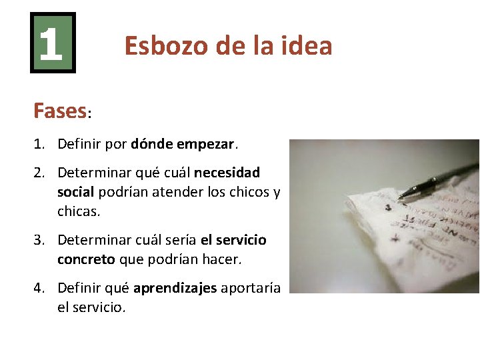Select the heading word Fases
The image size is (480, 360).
coord(59,111)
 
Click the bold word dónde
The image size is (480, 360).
coord(151,143)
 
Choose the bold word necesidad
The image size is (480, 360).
coord(227,173)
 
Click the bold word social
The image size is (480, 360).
coord(76,192)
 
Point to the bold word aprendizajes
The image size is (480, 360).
coord(175,288)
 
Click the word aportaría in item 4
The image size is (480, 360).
coord(251,288)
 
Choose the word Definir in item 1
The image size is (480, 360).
coord(78,143)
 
